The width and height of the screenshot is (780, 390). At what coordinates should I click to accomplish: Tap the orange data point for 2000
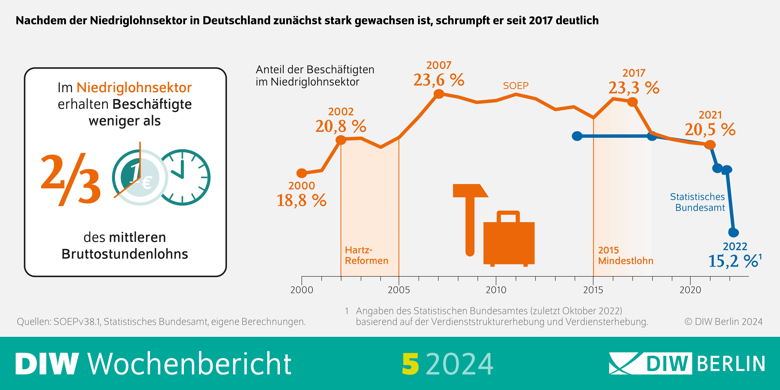pyautogui.click(x=302, y=173)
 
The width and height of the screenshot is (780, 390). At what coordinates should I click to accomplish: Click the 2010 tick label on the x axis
pyautogui.click(x=496, y=290)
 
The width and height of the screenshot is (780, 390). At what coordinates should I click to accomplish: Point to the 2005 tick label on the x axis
pyautogui.click(x=399, y=290)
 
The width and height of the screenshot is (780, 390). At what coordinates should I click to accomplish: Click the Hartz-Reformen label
pyautogui.click(x=366, y=255)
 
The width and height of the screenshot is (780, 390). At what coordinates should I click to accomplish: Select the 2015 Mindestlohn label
pyautogui.click(x=626, y=255)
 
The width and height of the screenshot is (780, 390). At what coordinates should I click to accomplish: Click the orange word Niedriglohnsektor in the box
pyautogui.click(x=134, y=88)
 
